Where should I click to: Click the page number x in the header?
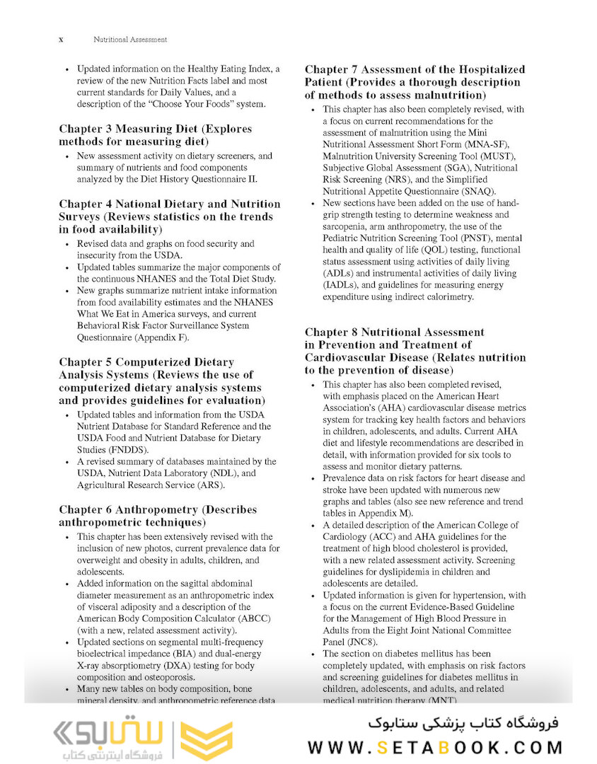click(61, 40)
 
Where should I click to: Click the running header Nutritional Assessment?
click(130, 40)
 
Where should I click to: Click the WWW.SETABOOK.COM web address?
click(435, 747)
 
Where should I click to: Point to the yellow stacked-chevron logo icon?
click(205, 739)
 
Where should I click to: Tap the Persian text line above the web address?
click(463, 723)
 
